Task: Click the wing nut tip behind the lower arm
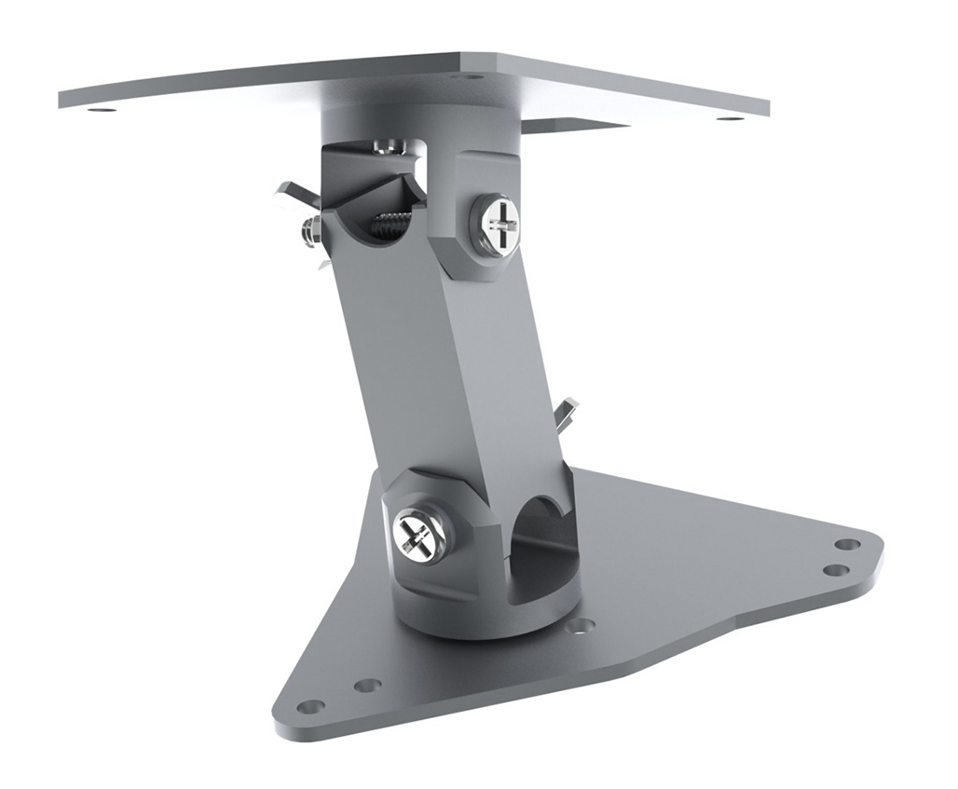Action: point(566,413)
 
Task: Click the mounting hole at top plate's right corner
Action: point(730,118)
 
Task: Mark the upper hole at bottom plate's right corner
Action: point(846,544)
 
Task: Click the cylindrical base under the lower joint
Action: point(485,619)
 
